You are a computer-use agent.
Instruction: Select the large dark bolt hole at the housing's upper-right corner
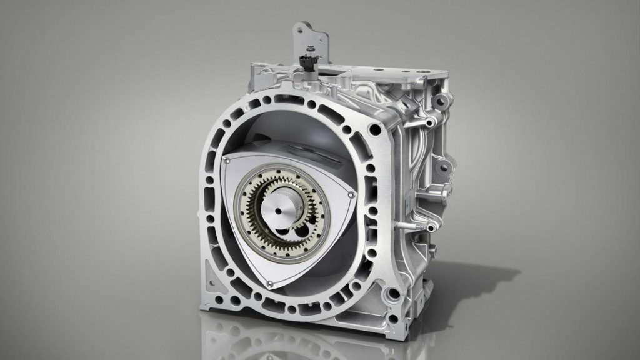(x=374, y=129)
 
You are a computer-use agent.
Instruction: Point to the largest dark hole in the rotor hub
(x=306, y=226)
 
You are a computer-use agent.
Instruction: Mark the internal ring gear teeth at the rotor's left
(x=246, y=206)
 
